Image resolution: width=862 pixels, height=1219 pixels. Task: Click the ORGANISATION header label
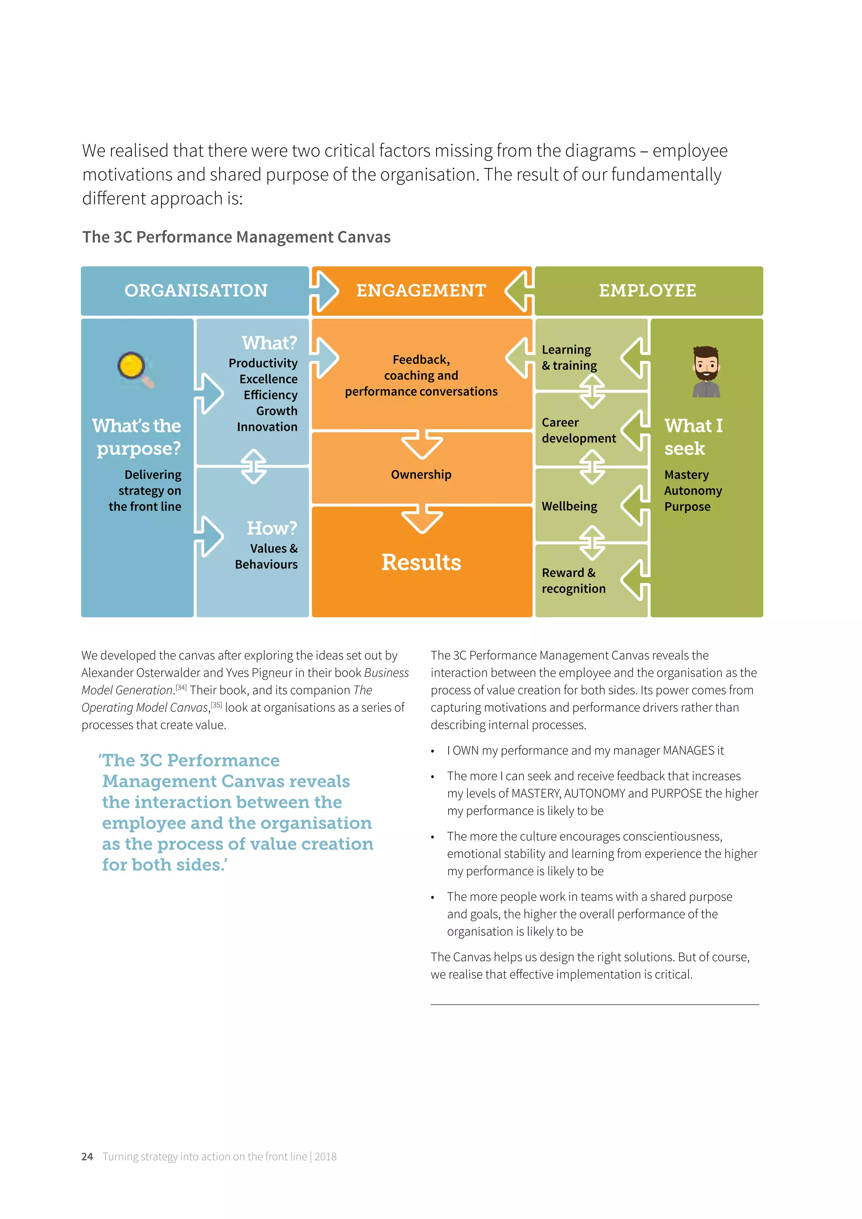[196, 290]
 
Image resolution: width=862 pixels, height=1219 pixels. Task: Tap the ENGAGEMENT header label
[421, 290]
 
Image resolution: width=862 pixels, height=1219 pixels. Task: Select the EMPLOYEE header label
[648, 290]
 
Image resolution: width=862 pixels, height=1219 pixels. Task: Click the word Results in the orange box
[421, 562]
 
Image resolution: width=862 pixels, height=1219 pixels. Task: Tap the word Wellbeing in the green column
[569, 506]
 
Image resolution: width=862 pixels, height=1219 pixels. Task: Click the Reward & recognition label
[573, 580]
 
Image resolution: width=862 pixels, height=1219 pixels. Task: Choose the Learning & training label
[569, 357]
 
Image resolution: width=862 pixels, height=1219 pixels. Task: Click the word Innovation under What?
[267, 427]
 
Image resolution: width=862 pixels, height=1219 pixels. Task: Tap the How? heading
[272, 528]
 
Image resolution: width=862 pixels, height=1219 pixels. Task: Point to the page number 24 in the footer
[87, 1156]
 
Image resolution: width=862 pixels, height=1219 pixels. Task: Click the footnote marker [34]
[181, 687]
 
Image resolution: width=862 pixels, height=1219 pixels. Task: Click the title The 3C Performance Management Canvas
[236, 237]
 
